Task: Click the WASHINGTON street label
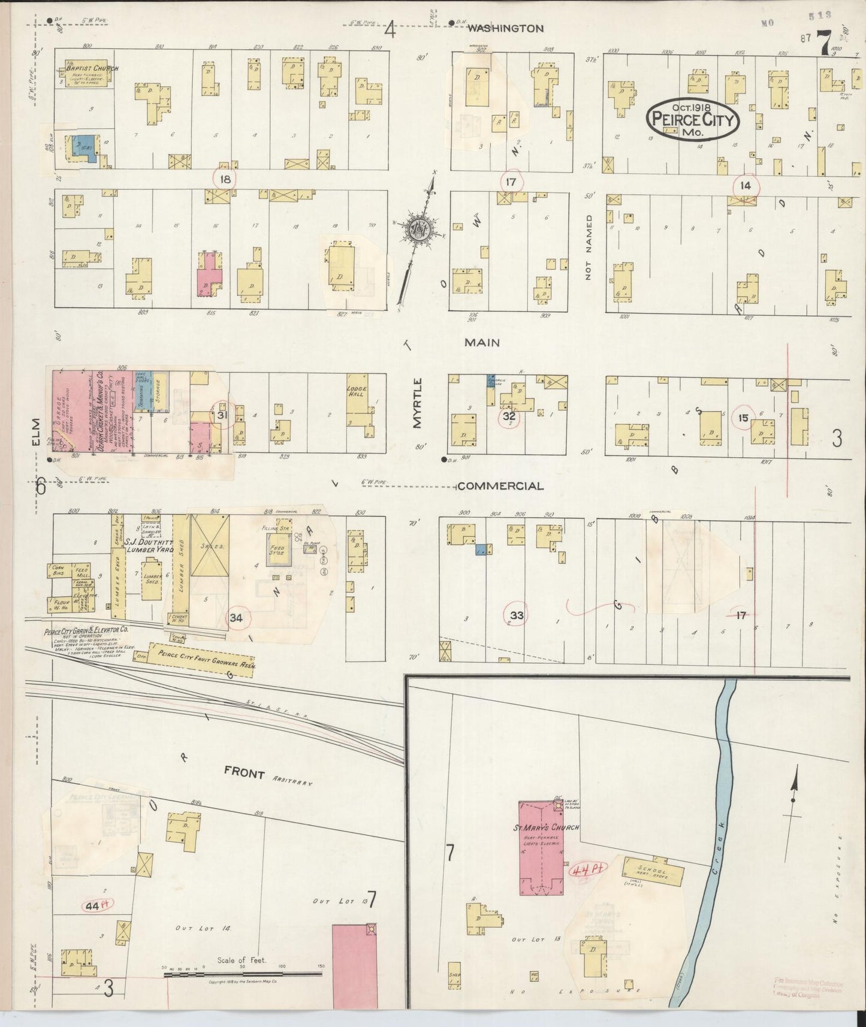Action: coord(505,28)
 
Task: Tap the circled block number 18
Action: coord(225,179)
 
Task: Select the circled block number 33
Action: coord(517,615)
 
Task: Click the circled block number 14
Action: coord(745,186)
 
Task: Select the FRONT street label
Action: coord(244,774)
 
